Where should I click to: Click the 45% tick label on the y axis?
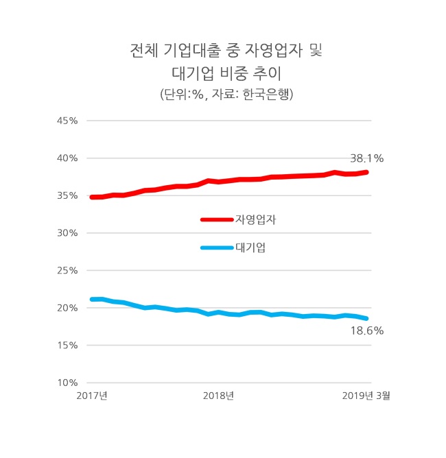[68, 121]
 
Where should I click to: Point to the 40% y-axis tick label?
[68, 158]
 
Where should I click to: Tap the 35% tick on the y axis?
[68, 195]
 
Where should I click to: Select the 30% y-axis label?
[68, 233]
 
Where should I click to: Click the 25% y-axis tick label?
[68, 271]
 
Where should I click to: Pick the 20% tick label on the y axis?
[68, 308]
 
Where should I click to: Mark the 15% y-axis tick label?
[68, 346]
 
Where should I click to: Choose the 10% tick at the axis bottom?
[68, 383]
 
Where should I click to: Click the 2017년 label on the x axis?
[92, 396]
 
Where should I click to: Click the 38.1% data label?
[367, 158]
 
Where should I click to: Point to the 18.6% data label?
[366, 330]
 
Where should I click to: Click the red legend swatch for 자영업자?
[217, 219]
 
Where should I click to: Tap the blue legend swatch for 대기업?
[217, 248]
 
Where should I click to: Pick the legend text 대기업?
[250, 248]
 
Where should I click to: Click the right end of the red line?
[367, 172]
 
